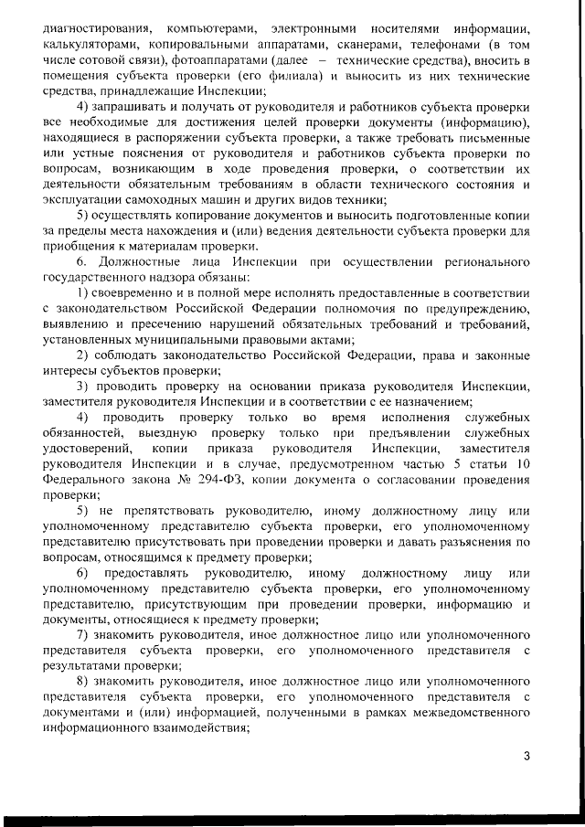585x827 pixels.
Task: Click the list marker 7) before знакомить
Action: [82, 634]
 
